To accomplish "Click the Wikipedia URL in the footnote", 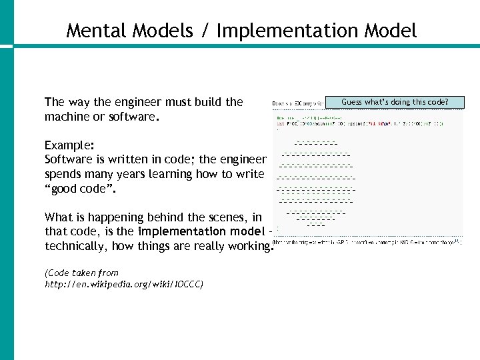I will tap(124, 284).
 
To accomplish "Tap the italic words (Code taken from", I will tap(81, 273).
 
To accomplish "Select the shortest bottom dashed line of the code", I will tap(315, 225).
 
